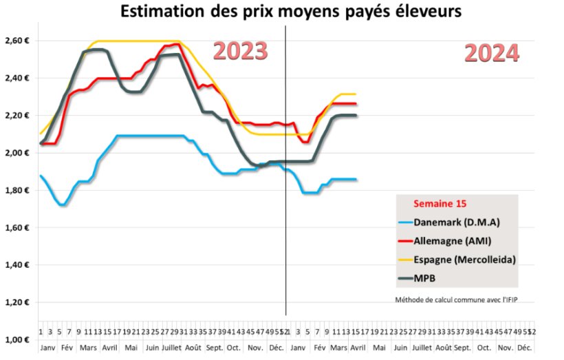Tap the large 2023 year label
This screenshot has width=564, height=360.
(239, 52)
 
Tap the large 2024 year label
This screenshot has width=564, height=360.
(491, 53)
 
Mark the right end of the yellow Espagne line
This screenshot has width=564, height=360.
(356, 94)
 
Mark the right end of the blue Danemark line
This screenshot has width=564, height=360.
(356, 179)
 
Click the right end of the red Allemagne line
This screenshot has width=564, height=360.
(356, 104)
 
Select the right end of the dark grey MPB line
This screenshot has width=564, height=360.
(356, 116)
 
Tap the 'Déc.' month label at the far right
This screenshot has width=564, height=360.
(526, 348)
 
